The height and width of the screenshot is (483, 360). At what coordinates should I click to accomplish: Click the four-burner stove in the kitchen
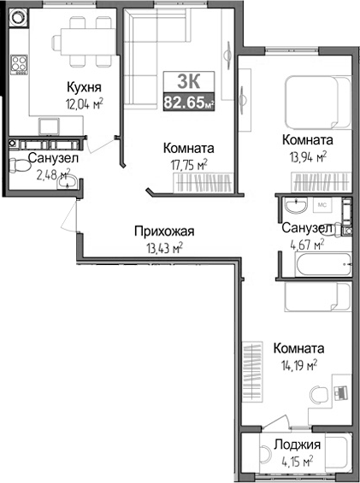(x=18, y=64)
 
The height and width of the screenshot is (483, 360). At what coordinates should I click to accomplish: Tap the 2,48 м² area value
(x=52, y=174)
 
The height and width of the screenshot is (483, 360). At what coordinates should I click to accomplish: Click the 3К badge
(x=188, y=82)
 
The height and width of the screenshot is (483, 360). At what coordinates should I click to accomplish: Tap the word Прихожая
(x=164, y=231)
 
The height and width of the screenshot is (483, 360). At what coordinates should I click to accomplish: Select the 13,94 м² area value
(x=307, y=156)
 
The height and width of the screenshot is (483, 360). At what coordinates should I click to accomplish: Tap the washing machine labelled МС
(x=322, y=206)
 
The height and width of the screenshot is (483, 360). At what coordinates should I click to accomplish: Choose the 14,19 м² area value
(x=296, y=364)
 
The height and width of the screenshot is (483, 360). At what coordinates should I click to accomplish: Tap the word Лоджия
(x=297, y=445)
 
